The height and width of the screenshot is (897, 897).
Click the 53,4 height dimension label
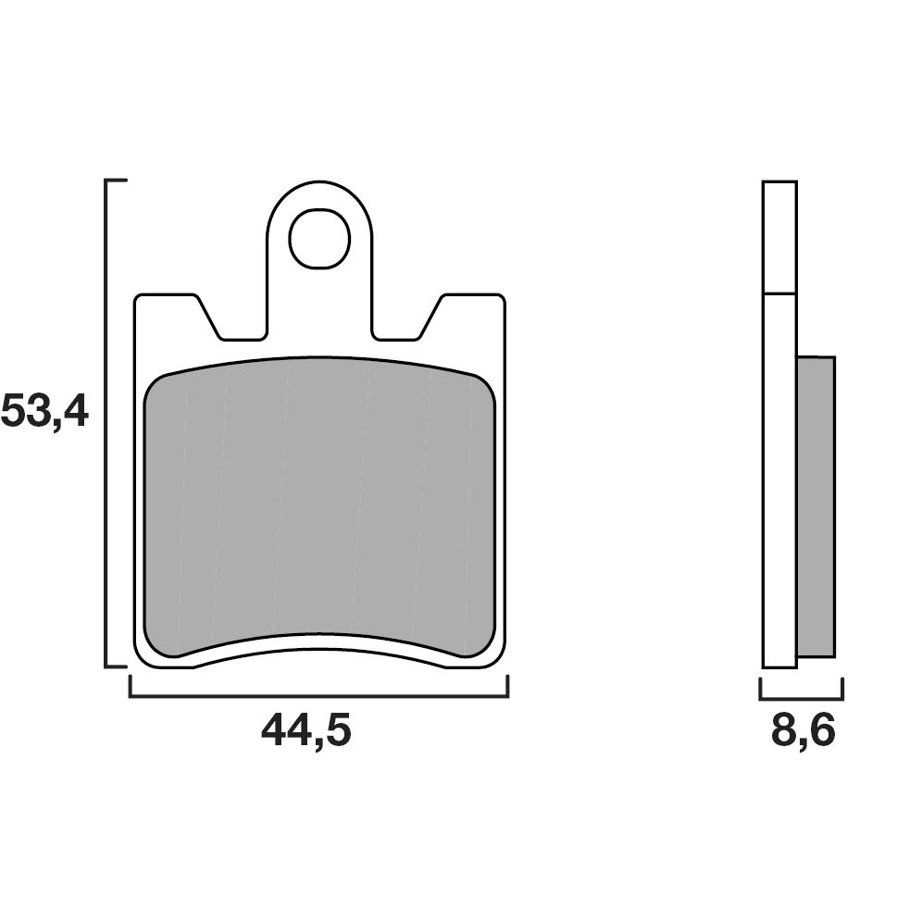click(44, 411)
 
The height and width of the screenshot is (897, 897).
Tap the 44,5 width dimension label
click(306, 731)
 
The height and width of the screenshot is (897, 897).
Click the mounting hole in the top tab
click(319, 239)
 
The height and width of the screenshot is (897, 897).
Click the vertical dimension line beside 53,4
click(107, 422)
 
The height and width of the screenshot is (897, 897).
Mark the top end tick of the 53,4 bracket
click(117, 181)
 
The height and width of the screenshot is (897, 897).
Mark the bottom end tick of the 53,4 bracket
click(117, 665)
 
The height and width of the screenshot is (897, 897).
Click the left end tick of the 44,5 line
click(130, 686)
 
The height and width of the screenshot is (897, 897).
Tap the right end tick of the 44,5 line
click(507, 686)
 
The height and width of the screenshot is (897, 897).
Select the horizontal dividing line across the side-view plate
click(779, 293)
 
